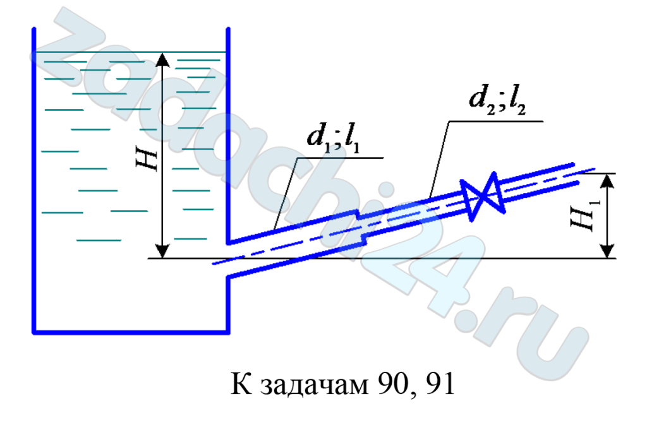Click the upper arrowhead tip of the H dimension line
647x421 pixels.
click(x=163, y=53)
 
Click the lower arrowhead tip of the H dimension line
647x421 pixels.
click(x=162, y=258)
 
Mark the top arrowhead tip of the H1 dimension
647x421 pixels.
click(x=607, y=174)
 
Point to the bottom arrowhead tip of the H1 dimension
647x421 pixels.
click(x=607, y=258)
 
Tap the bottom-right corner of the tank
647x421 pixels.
click(x=227, y=332)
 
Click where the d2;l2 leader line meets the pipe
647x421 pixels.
click(x=430, y=199)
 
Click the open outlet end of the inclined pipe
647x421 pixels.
click(x=576, y=174)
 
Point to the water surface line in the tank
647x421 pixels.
click(x=130, y=52)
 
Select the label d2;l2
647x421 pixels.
click(x=497, y=100)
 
